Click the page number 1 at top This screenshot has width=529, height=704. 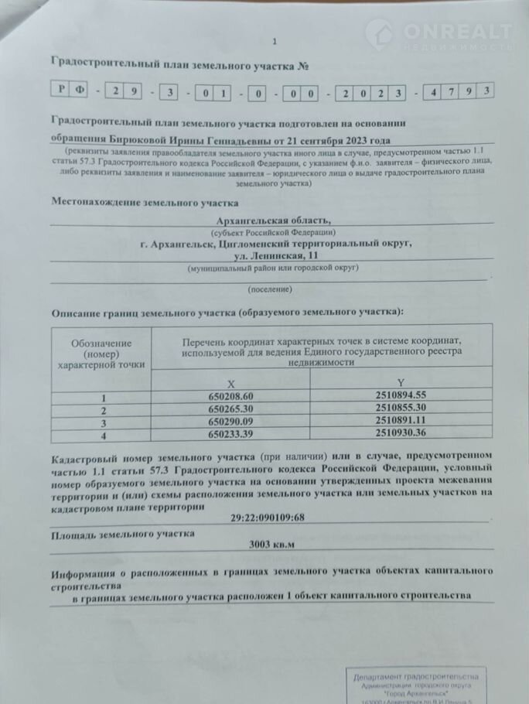[273, 42]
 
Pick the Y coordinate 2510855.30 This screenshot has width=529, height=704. [399, 408]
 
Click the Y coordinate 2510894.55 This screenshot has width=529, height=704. [399, 395]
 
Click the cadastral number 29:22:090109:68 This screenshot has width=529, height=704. [268, 518]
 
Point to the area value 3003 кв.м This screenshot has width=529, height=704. [271, 544]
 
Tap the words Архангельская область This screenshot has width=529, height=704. [272, 220]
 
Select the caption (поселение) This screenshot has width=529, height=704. [270, 289]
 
